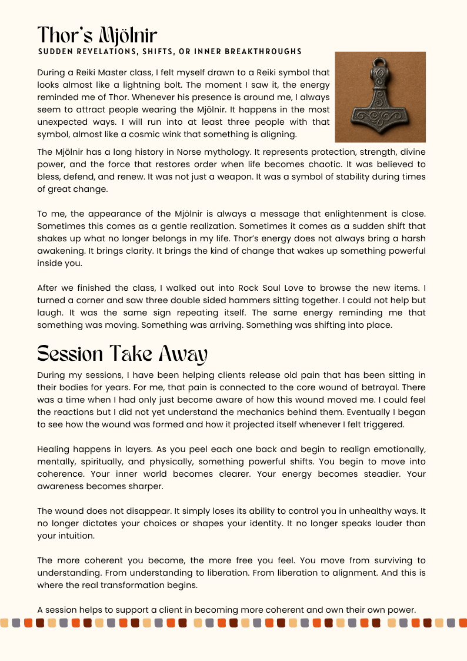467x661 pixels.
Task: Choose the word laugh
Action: [x=49, y=313]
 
